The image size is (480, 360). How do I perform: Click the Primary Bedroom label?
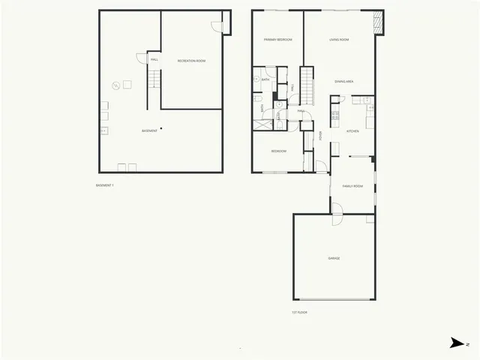(277, 39)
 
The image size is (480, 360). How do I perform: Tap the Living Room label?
(339, 39)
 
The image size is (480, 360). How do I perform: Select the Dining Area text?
(344, 81)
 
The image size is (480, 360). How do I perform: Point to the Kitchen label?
(352, 131)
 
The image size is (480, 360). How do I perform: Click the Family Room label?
(352, 185)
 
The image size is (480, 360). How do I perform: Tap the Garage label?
(334, 258)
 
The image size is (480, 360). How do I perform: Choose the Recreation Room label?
(191, 60)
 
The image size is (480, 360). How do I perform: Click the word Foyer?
(321, 136)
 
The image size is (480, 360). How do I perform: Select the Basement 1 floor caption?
(105, 185)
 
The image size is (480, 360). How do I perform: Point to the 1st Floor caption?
(300, 312)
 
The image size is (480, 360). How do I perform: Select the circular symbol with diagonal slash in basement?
(115, 85)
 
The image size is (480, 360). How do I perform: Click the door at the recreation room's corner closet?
(216, 26)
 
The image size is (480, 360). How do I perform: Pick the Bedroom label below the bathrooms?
(278, 151)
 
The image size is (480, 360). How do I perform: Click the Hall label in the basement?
(154, 59)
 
